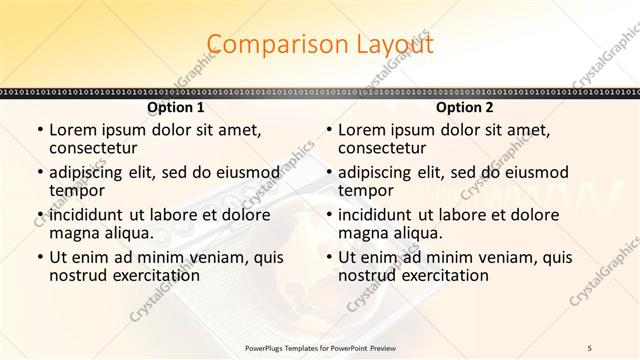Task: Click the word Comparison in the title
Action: click(266, 45)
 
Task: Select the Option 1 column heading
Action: click(176, 107)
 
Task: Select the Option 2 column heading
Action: click(465, 107)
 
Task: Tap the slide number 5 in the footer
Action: click(591, 346)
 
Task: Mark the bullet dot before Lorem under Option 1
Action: click(39, 131)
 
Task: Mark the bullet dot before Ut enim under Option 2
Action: click(328, 258)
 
